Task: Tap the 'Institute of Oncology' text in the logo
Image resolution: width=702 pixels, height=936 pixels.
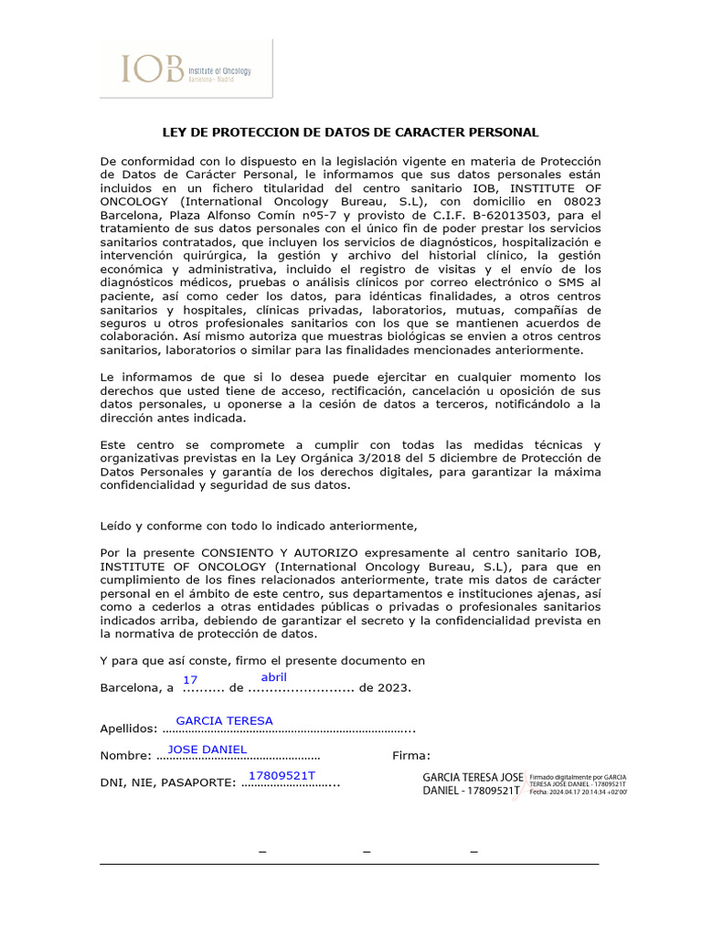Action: point(219,70)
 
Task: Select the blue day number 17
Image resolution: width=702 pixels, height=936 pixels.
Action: point(190,680)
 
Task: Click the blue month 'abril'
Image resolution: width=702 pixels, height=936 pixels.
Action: point(274,677)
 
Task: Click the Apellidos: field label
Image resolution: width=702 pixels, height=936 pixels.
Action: point(128,729)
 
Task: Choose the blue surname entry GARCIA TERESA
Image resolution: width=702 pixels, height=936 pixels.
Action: point(224,720)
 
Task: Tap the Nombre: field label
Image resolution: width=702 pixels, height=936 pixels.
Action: point(125,756)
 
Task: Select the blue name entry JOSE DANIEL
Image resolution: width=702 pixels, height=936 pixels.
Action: point(207,750)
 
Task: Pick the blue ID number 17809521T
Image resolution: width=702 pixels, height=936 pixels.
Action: point(282,776)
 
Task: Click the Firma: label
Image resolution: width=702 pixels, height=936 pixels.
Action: point(410,756)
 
